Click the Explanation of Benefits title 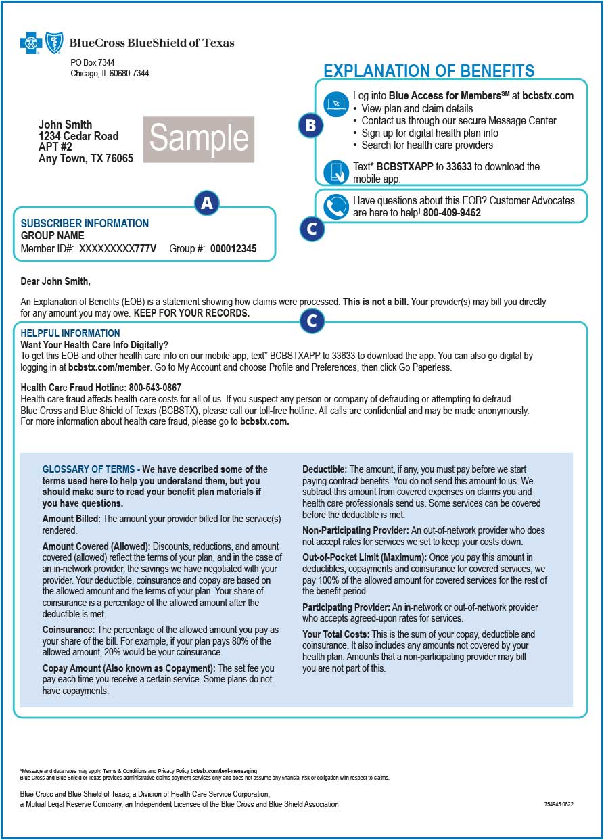point(429,71)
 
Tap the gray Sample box point(199,139)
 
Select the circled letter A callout point(207,203)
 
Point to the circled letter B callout point(310,125)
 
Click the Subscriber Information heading point(85,223)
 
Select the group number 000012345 point(233,249)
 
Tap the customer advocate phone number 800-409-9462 point(452,213)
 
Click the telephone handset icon point(335,207)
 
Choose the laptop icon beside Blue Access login point(335,104)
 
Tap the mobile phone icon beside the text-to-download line point(336,172)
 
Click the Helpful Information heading point(70,333)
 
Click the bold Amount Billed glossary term point(71,519)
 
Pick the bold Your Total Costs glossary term point(335,634)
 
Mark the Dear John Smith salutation point(55,281)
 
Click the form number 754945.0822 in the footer point(559,805)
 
